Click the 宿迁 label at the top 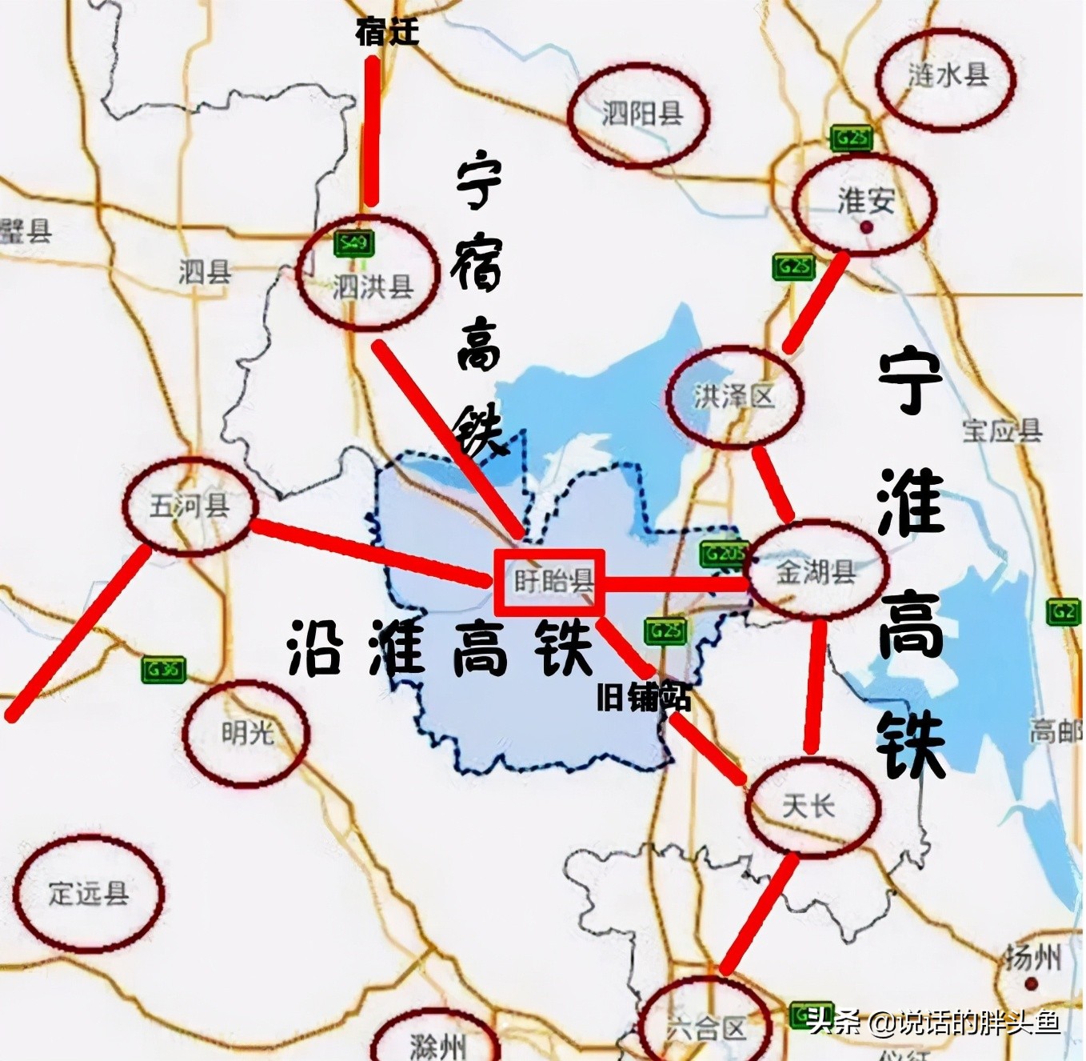tap(387, 32)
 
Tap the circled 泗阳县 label tap(641, 114)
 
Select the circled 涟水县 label tap(948, 75)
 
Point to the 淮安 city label tap(865, 202)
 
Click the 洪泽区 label tap(733, 396)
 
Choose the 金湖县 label tap(816, 571)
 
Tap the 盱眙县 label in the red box tap(553, 582)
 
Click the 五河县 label tap(190, 506)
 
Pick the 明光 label tap(246, 732)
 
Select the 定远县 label tap(88, 893)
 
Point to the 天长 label tap(808, 805)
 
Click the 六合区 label tap(705, 1027)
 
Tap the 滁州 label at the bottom tap(437, 1043)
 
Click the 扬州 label tap(1033, 957)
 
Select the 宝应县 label tap(1002, 430)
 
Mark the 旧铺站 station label tap(643, 699)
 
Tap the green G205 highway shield tap(722, 554)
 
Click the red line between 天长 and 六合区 tap(760, 912)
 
